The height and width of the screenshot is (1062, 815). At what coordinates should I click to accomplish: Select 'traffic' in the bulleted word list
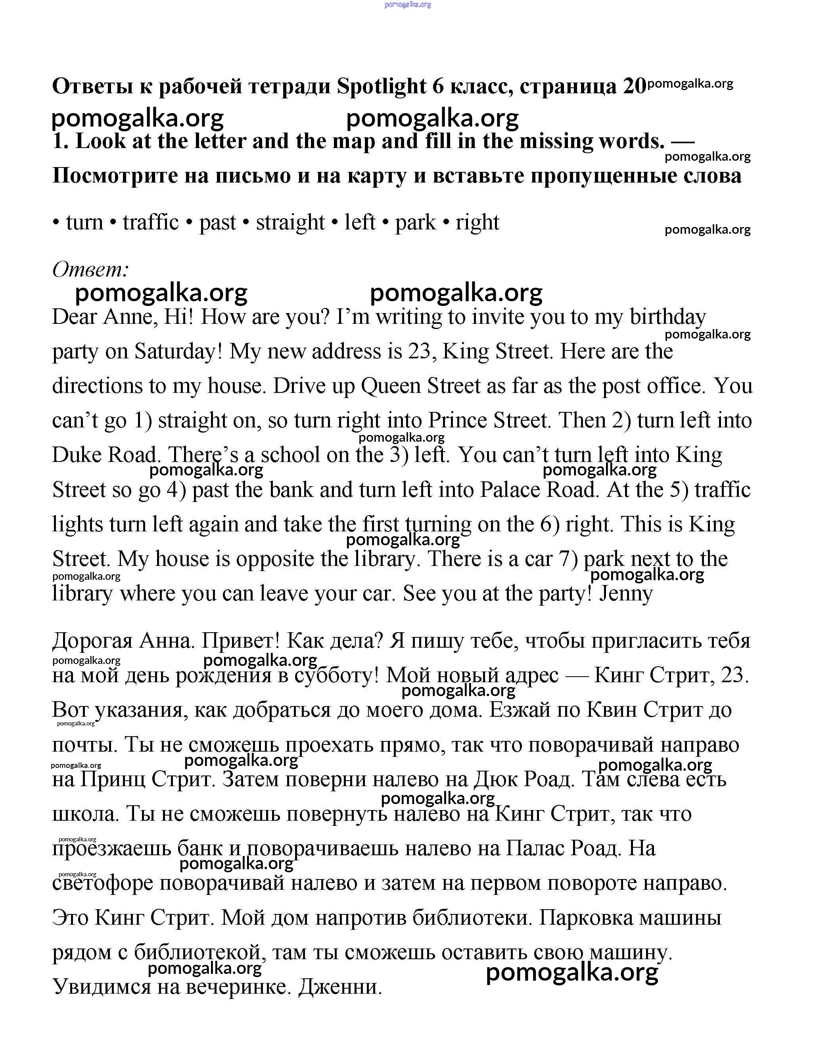[x=150, y=223]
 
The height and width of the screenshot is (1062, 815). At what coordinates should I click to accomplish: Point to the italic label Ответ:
[x=91, y=269]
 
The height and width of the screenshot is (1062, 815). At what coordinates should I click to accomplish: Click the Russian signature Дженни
[x=340, y=987]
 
